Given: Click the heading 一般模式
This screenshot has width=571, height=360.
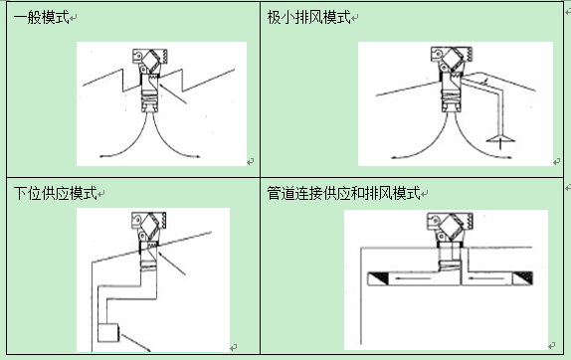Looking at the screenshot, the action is click(x=41, y=17).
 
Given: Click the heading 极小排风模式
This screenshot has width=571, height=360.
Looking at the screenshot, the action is click(x=308, y=17).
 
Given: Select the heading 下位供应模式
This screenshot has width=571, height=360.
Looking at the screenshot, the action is click(x=56, y=193).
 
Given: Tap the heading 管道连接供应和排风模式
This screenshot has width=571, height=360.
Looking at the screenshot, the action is click(x=343, y=193).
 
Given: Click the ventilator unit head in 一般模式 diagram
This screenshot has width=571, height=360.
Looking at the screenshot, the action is click(x=149, y=60).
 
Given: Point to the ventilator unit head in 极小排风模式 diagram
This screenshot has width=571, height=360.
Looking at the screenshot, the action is click(x=452, y=59).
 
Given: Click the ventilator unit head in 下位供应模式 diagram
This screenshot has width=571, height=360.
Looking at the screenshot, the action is click(x=148, y=224).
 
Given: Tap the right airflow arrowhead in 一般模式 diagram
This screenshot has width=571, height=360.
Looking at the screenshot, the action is click(x=197, y=156).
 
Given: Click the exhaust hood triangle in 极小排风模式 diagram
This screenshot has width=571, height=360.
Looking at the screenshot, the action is click(x=500, y=138).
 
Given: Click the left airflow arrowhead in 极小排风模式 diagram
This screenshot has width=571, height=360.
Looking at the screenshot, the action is click(x=395, y=157).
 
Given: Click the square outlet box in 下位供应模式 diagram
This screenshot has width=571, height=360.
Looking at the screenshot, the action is click(x=108, y=333).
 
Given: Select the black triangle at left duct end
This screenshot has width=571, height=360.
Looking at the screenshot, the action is click(x=378, y=277).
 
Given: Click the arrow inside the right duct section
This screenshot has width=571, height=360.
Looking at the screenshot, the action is click(x=486, y=278).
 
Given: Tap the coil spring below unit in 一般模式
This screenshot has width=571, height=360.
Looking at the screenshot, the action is click(x=149, y=97).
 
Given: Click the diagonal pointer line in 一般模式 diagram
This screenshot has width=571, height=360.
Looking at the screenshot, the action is click(x=173, y=93).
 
